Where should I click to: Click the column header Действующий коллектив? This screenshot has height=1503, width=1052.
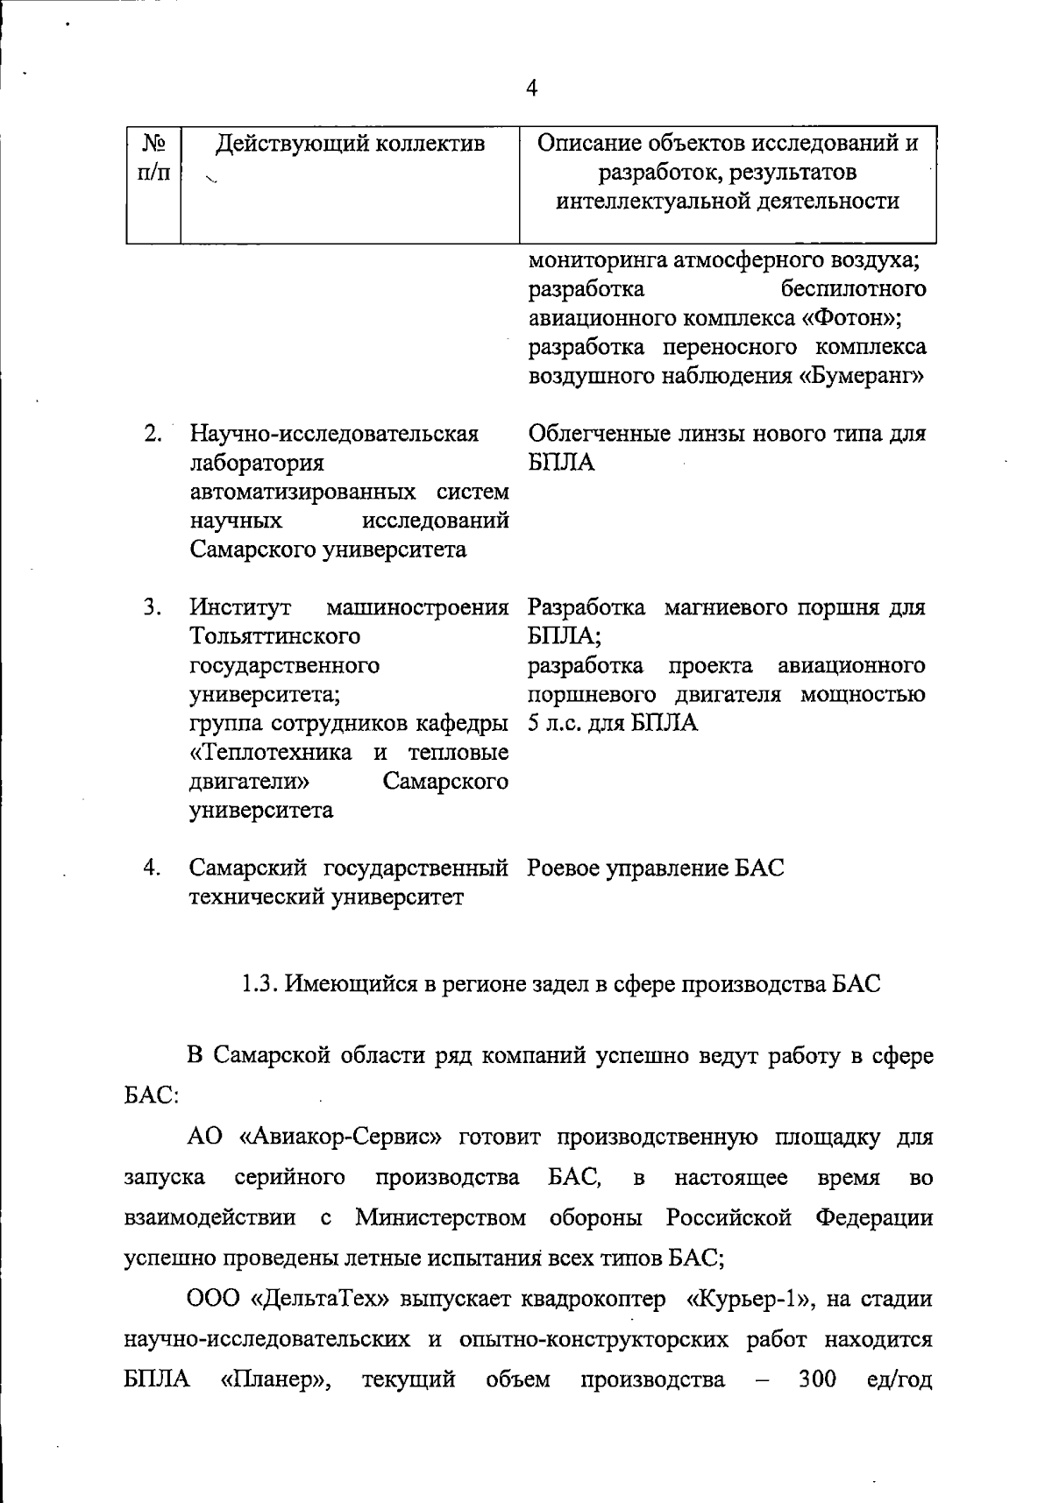click(x=350, y=143)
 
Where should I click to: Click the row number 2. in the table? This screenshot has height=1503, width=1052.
click(x=153, y=434)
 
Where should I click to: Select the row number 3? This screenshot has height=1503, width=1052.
click(x=153, y=606)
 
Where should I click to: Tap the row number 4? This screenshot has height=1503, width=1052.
click(x=153, y=868)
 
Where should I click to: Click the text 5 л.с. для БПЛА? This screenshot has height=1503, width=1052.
click(x=613, y=723)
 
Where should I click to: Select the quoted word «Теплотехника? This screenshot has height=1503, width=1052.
click(x=270, y=752)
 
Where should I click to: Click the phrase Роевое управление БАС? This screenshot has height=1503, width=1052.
click(x=656, y=868)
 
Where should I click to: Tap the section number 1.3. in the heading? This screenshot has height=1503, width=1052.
click(x=260, y=984)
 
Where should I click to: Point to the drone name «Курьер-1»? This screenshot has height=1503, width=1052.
click(x=748, y=1299)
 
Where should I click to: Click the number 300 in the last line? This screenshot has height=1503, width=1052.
click(x=817, y=1379)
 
